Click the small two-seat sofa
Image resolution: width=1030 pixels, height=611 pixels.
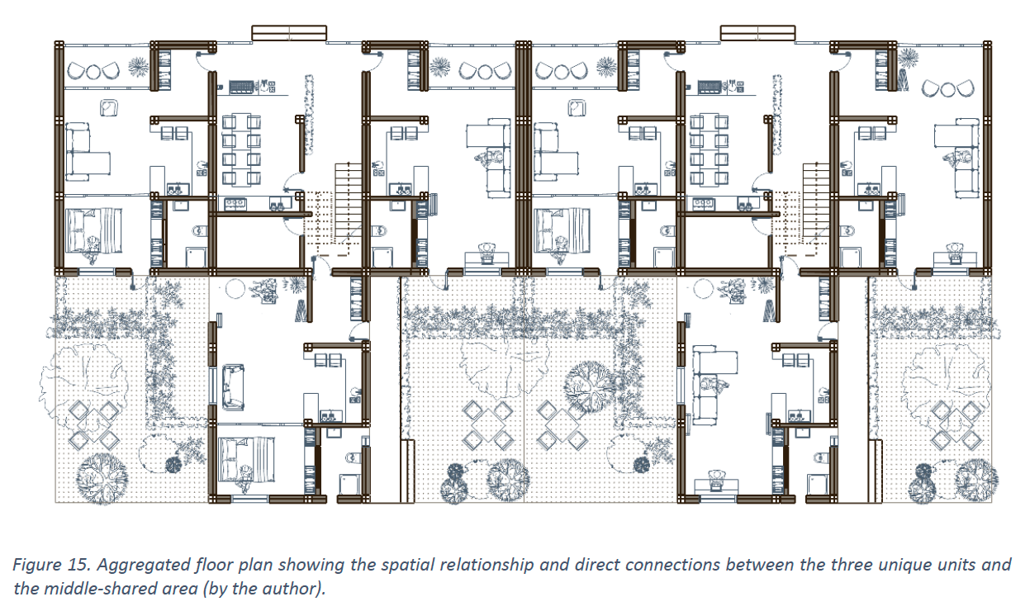[233, 386]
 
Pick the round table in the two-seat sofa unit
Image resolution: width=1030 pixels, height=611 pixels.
[235, 289]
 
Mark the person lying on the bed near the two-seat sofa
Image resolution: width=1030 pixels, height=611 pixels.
[246, 478]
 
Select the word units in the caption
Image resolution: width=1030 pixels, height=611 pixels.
[952, 564]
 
